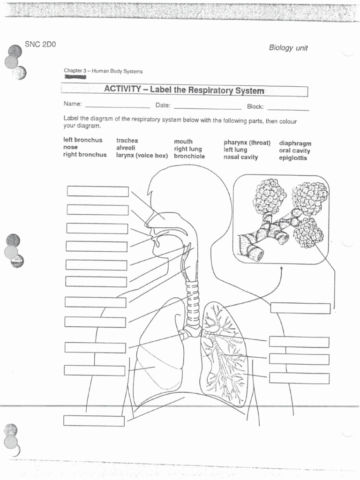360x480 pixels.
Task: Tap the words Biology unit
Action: click(x=288, y=48)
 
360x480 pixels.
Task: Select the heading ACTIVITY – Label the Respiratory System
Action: click(x=184, y=90)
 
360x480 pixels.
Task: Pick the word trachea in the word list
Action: click(x=127, y=141)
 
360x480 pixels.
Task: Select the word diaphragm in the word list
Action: click(x=295, y=143)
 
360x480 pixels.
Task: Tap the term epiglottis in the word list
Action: click(x=293, y=158)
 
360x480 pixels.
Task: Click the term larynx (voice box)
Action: click(x=142, y=155)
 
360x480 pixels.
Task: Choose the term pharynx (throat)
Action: click(x=247, y=142)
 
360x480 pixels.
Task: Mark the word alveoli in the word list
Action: click(x=126, y=148)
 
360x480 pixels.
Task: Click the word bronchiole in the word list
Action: click(x=189, y=156)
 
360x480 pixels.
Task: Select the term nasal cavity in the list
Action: click(x=240, y=157)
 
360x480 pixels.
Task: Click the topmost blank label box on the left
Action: click(x=97, y=191)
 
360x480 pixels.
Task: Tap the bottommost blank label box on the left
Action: click(x=94, y=420)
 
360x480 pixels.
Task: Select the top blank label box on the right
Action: click(x=300, y=308)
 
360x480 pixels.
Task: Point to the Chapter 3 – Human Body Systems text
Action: click(x=103, y=71)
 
